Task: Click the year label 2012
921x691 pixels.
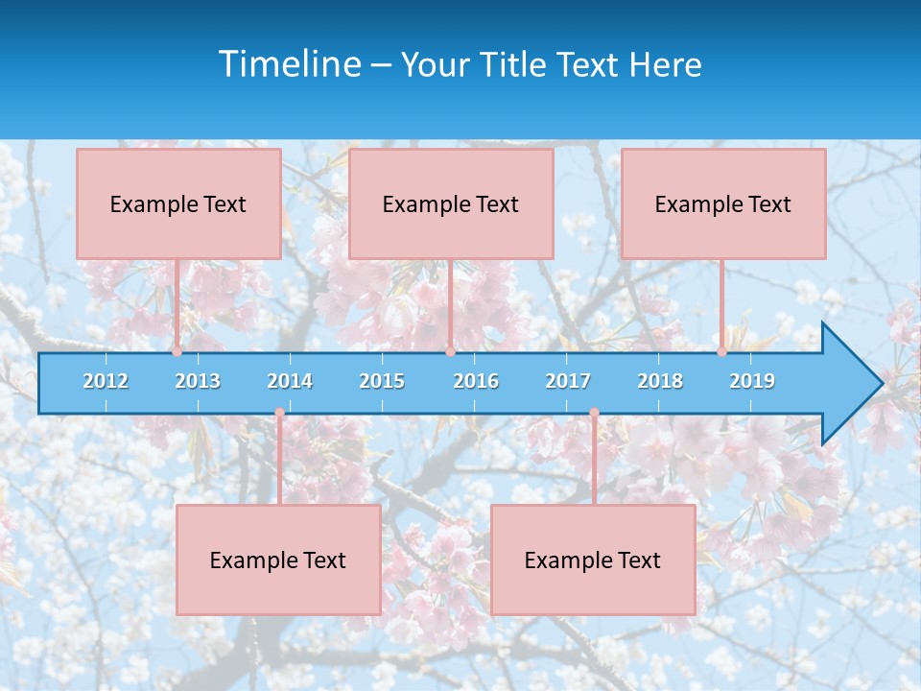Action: (106, 381)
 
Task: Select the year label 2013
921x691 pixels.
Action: (198, 381)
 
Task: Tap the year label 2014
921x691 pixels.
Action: (290, 381)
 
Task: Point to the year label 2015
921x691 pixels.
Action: (382, 381)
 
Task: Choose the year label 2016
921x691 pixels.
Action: (476, 381)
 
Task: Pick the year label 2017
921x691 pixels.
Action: (568, 381)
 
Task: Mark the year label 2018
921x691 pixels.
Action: (660, 381)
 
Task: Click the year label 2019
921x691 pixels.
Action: (752, 381)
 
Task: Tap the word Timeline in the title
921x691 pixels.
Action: (288, 64)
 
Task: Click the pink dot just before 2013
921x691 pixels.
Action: (177, 351)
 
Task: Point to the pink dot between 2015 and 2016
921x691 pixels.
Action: (450, 351)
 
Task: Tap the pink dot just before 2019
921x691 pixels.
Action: (722, 351)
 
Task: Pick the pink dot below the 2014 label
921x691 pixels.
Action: (279, 414)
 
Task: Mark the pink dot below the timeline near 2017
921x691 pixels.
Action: (594, 414)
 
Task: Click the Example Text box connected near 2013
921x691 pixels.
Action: (178, 203)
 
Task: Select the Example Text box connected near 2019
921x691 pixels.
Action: (723, 203)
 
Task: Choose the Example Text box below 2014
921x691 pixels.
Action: (278, 560)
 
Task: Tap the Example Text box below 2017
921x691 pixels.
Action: (593, 560)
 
